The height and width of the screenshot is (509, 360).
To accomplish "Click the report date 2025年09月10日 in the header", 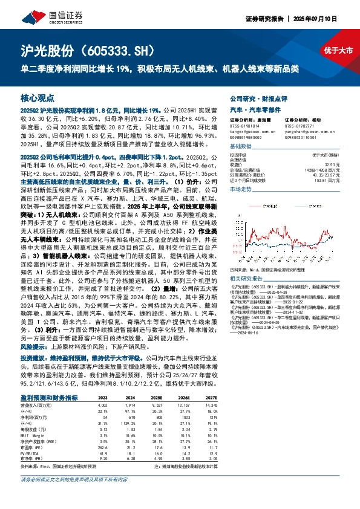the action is click(x=327, y=18).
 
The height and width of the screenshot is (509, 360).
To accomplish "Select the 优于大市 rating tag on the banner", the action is click(x=338, y=51).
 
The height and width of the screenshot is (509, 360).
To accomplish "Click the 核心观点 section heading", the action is click(x=38, y=97).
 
